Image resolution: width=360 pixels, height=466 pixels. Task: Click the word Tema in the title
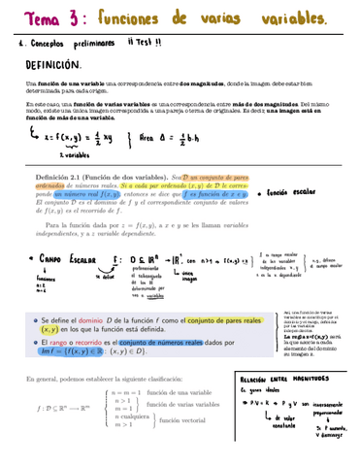pos(30,18)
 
